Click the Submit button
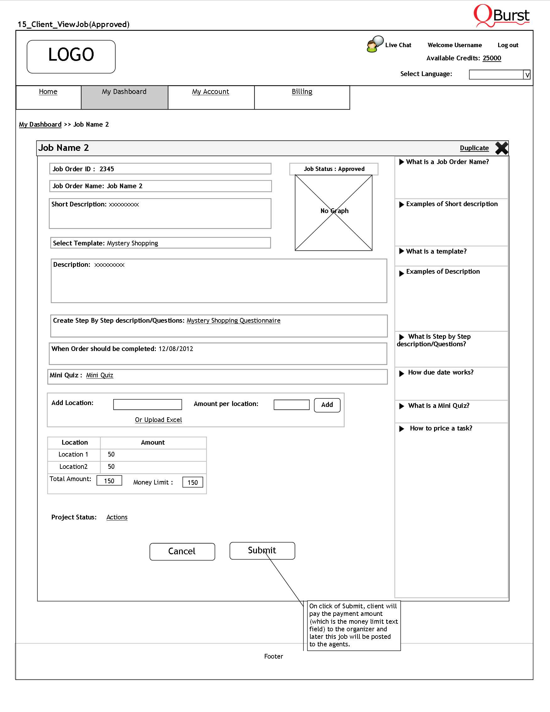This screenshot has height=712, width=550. [262, 550]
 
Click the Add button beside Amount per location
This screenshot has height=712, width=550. [327, 405]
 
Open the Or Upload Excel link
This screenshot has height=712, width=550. [158, 420]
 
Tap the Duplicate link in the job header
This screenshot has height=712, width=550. [474, 148]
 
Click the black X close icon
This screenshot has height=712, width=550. [501, 148]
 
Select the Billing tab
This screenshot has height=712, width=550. [302, 92]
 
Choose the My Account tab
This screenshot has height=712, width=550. [210, 92]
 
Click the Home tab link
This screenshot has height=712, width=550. [48, 92]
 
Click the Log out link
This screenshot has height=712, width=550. [508, 45]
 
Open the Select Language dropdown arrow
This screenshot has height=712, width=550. [527, 75]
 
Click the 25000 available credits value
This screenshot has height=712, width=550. [492, 58]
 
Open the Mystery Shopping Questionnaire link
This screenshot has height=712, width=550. [233, 320]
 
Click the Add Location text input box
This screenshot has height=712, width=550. [147, 405]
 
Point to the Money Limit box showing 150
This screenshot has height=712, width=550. [193, 482]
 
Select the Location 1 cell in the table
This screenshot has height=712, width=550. [73, 454]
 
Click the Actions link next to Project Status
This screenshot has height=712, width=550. [117, 518]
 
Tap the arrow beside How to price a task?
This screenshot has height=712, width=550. [402, 429]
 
